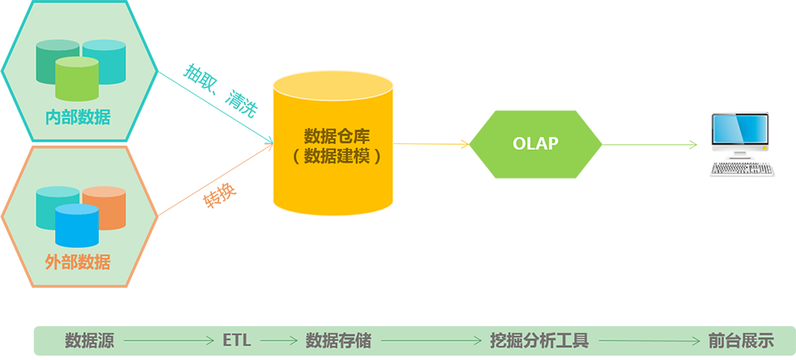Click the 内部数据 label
78,117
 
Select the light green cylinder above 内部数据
77,79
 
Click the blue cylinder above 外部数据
77,225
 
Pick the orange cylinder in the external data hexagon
104,208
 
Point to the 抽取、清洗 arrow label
221,91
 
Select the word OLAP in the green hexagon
535,144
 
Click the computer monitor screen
739,130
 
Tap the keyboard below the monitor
742,169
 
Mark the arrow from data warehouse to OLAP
430,144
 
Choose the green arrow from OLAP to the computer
650,145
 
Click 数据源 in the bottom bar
90,341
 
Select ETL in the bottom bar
237,341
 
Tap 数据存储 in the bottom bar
338,341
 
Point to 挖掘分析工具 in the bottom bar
539,341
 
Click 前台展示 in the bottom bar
741,341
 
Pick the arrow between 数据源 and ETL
169,341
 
